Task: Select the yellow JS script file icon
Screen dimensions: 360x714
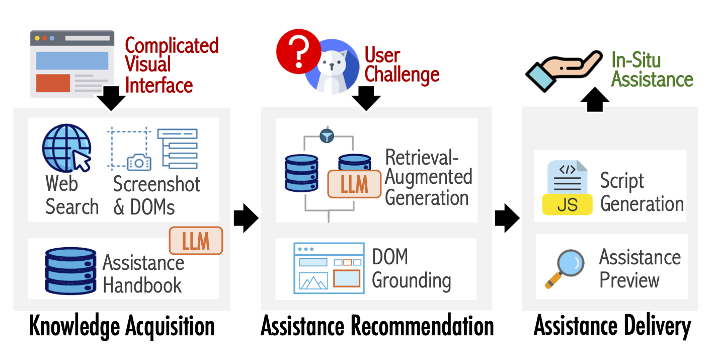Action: (567, 187)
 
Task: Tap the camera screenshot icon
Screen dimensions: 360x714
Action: (139, 162)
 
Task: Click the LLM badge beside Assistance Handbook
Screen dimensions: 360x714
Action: (196, 241)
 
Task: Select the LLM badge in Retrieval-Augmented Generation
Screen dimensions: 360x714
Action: (354, 184)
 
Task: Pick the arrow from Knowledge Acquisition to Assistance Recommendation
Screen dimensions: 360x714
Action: (246, 218)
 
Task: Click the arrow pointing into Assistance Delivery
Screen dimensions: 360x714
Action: (507, 218)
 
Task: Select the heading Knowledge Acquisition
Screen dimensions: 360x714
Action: (122, 326)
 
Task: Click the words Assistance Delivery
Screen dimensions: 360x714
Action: (612, 326)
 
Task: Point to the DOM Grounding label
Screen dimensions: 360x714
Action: (411, 268)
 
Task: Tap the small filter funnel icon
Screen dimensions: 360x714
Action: (327, 135)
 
